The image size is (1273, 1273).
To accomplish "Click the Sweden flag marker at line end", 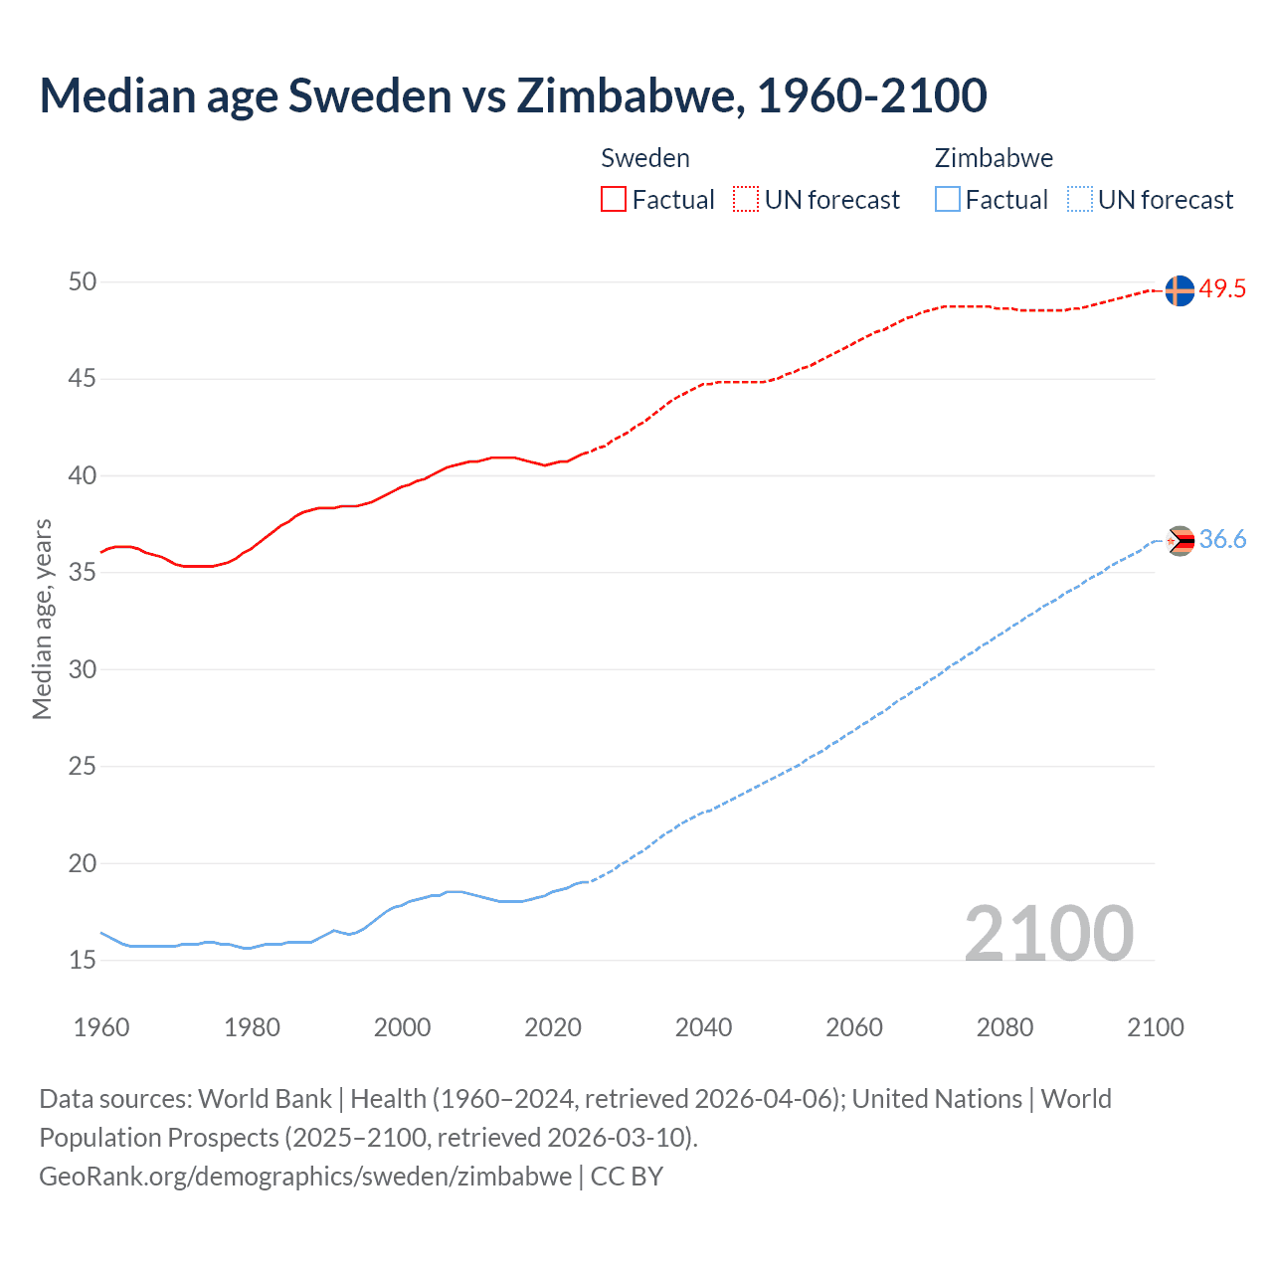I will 1179,290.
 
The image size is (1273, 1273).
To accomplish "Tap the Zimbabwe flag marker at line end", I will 1180,541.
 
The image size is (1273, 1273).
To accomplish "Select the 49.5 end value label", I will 1222,289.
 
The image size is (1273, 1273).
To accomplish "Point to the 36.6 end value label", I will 1222,539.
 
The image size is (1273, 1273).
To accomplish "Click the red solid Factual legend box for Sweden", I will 614,200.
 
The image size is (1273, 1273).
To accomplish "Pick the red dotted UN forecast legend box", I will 746,200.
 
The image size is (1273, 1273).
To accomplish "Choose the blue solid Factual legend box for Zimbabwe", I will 948,200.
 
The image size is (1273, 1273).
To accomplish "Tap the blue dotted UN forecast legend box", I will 1079,200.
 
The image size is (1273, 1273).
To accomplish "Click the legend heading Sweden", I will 645,158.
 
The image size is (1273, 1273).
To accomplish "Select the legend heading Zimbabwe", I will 994,158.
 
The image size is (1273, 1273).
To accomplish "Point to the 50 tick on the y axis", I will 83,282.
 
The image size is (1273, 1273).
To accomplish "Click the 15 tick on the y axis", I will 83,961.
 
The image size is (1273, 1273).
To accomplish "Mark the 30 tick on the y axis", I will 83,669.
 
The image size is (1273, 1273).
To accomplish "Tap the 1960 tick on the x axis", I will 101,1027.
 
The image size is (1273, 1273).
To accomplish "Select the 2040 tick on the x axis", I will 703,1027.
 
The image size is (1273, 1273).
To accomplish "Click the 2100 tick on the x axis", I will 1155,1027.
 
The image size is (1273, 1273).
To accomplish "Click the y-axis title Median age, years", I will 42,619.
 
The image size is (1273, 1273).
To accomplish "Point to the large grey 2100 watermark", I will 1048,934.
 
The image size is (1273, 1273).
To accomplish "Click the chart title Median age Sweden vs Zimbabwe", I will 512,95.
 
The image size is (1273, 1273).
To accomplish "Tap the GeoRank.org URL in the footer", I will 305,1177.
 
